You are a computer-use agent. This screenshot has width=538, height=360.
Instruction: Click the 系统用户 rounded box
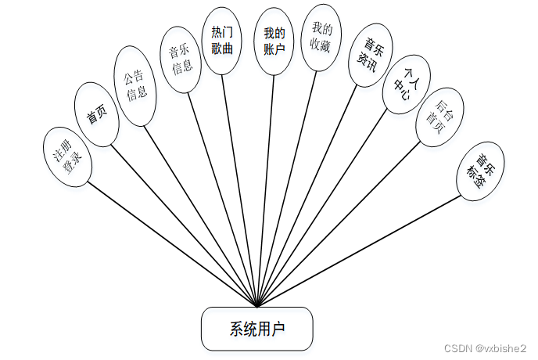pos(256,328)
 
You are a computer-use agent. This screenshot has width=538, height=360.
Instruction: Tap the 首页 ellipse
pos(97,116)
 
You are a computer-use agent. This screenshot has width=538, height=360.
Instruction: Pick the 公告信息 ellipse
pos(136,86)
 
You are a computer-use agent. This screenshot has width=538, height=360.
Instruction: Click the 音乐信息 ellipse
pos(181,60)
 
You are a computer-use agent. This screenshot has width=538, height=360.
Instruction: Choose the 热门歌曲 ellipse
pos(222,41)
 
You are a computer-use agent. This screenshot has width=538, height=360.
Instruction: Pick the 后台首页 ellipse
pos(436,117)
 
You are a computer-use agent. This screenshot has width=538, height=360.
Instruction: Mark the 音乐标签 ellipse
pos(481,171)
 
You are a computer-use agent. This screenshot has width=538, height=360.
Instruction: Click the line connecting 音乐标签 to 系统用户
pos(360,250)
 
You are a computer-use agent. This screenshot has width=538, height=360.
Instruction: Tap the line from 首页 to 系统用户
pos(184,225)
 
